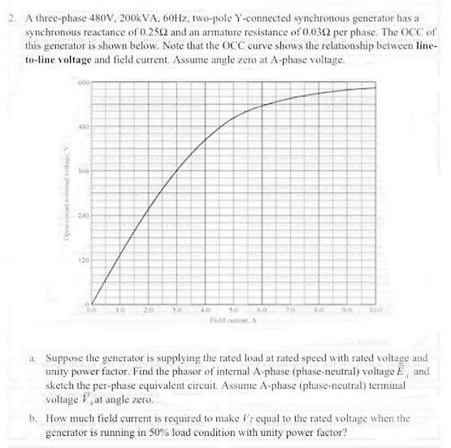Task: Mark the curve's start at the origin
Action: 92,303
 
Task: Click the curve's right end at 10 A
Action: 375,87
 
